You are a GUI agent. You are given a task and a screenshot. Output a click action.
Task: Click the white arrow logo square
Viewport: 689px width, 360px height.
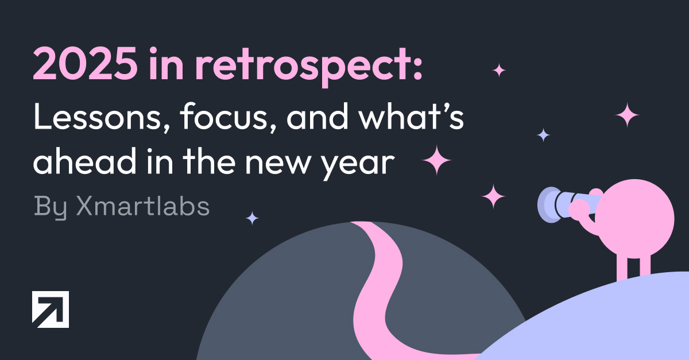51,309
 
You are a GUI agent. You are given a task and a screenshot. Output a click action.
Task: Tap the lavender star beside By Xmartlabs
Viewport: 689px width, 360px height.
252,218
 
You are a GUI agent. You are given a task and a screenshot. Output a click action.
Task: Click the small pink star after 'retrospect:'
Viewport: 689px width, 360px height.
499,71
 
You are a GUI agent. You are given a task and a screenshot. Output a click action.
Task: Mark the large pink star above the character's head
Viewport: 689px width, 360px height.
627,115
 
